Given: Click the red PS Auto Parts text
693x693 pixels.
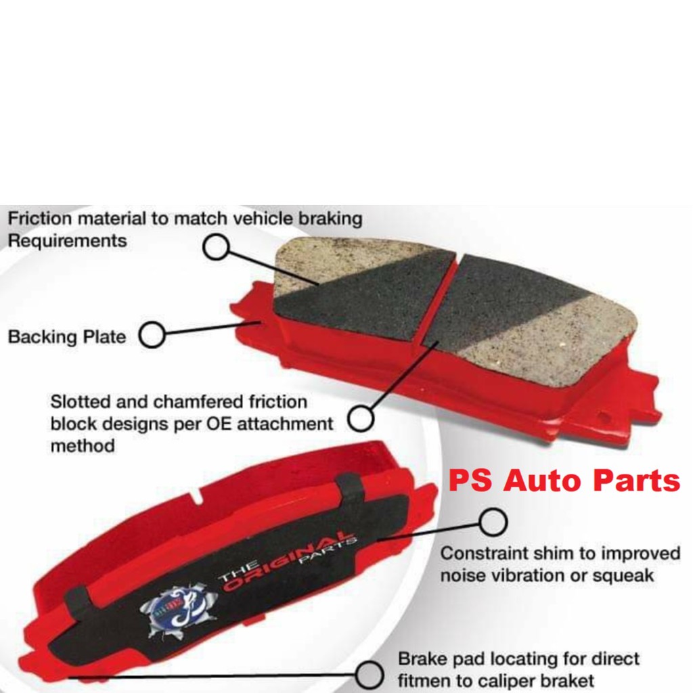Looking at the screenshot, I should [564, 481].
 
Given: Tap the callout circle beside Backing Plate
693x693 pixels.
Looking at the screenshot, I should [152, 335].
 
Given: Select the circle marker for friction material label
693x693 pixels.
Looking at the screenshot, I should [216, 248].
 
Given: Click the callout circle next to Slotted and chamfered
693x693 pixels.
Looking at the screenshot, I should [361, 418].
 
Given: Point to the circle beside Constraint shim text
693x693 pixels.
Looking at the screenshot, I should [493, 522].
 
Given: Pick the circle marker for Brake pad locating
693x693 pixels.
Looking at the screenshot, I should [369, 674].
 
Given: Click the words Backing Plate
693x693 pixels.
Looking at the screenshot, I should [67, 336].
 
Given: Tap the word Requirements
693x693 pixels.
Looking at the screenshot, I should [67, 241].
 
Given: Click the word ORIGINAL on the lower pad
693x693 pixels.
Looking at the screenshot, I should [288, 562].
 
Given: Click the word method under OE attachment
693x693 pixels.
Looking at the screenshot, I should [82, 446].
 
